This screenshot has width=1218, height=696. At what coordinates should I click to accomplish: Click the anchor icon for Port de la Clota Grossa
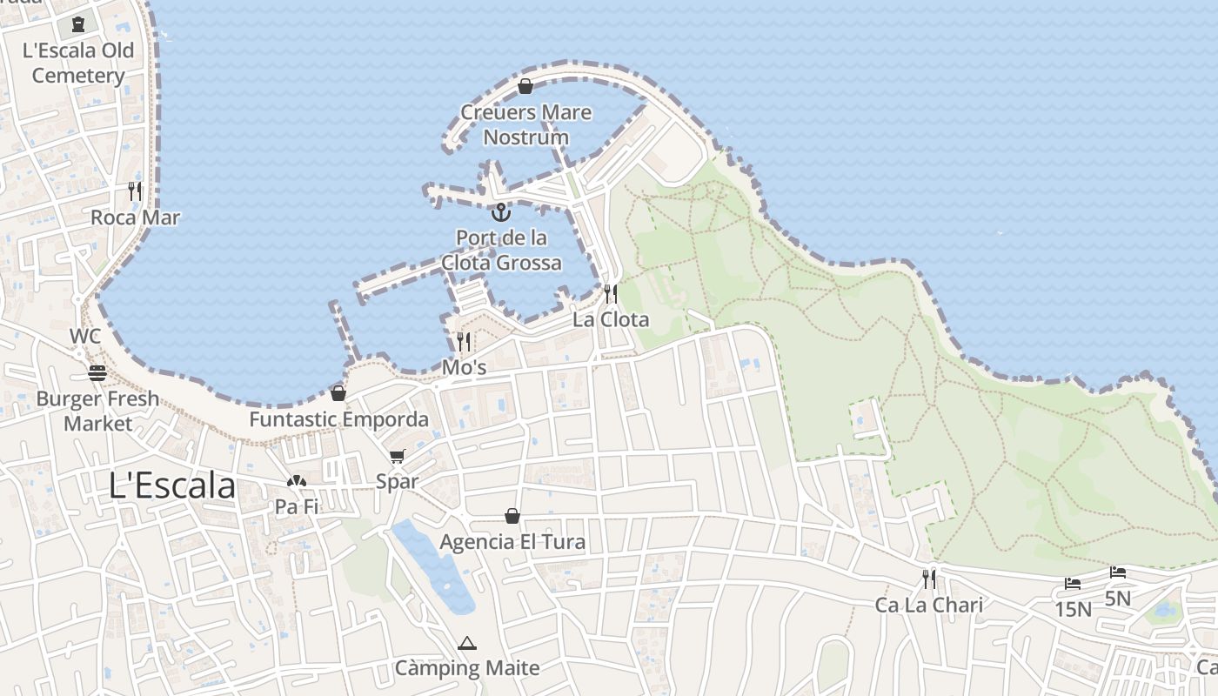(x=500, y=211)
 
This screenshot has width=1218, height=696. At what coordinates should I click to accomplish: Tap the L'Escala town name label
(x=172, y=485)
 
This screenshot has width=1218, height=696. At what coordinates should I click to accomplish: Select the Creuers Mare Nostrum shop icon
(x=525, y=86)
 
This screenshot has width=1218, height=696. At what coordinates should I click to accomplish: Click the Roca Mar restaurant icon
(x=135, y=191)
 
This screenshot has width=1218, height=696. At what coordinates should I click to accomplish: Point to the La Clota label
(x=610, y=319)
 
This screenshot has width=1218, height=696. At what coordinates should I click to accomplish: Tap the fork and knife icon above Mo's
(x=464, y=341)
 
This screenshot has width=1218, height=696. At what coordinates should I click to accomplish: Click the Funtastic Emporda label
(x=338, y=419)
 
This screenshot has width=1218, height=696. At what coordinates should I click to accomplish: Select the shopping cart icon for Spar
(x=398, y=456)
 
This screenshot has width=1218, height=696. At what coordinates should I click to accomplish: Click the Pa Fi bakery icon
(x=297, y=481)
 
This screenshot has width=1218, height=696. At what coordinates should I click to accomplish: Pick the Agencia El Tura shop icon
(x=512, y=516)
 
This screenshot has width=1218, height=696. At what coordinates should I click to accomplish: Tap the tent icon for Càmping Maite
(x=467, y=643)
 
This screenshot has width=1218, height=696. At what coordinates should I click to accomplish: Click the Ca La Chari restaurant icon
(x=929, y=579)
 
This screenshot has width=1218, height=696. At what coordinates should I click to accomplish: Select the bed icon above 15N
(x=1073, y=584)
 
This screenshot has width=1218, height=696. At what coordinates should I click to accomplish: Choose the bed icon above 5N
(x=1118, y=572)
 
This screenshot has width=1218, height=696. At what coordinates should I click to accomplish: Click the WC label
(x=86, y=336)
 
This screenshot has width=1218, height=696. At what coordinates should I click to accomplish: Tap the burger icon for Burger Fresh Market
(x=97, y=373)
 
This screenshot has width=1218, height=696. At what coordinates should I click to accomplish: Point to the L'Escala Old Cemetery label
(x=78, y=63)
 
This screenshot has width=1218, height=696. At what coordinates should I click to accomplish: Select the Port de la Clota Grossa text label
(x=501, y=250)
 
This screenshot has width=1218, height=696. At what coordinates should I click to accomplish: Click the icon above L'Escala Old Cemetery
(x=78, y=23)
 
